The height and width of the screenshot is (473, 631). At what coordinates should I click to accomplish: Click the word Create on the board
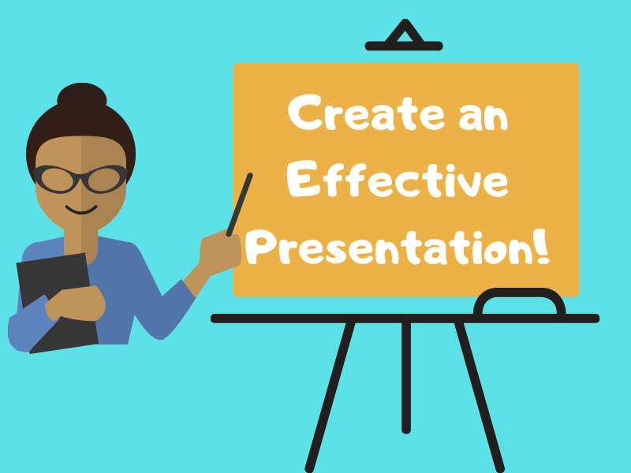(359, 116)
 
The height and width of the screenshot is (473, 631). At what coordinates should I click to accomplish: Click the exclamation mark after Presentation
(541, 246)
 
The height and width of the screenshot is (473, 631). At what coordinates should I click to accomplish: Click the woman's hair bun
(81, 99)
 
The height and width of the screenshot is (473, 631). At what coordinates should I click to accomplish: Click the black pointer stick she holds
(241, 201)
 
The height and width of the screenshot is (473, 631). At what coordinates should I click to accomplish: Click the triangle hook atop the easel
(404, 36)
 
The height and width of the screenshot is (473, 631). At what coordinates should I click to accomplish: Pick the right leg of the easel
(479, 394)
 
